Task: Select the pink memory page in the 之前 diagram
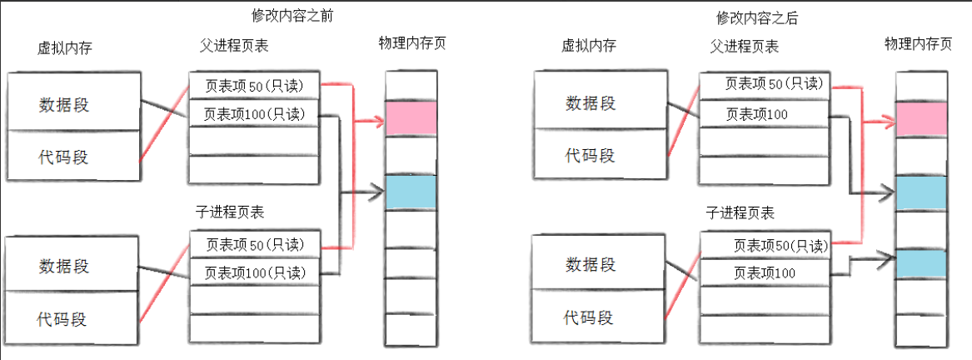point(411,118)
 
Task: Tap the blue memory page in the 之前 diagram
point(411,192)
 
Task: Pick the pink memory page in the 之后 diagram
point(922,120)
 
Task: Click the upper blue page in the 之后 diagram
point(922,192)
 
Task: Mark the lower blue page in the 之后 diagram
point(922,264)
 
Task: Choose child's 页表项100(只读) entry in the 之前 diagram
point(254,272)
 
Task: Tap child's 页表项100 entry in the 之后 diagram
point(765,272)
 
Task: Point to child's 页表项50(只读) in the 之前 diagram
point(254,246)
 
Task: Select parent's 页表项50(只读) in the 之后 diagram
point(765,84)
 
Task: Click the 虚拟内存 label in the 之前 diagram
point(65,47)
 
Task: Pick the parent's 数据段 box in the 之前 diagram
point(73,103)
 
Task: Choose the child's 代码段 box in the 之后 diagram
point(589,317)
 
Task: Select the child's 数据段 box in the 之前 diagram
point(73,265)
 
